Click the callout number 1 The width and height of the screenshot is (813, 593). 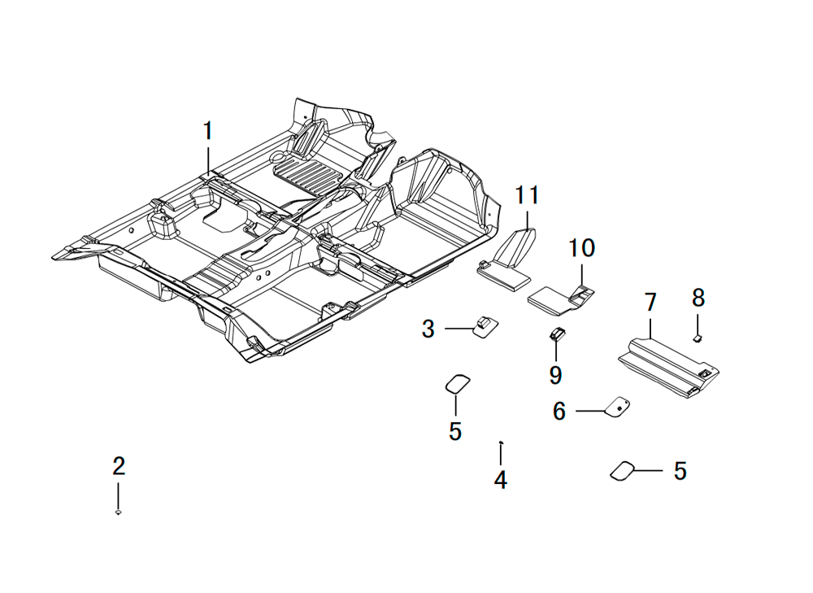208,131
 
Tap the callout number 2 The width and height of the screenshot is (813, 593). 119,466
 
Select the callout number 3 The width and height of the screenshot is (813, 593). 428,329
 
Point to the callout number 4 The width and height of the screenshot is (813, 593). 500,480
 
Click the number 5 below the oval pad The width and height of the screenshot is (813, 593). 455,431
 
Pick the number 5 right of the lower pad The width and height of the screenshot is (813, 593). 680,471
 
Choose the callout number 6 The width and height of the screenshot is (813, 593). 559,412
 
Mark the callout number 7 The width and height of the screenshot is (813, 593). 650,302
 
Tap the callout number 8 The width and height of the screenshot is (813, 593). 698,298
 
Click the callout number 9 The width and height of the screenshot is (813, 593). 555,374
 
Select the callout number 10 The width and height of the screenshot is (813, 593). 582,248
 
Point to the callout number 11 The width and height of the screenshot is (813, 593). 527,195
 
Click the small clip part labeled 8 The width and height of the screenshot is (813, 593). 698,338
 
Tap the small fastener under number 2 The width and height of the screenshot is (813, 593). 118,512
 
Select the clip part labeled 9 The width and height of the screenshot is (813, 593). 558,334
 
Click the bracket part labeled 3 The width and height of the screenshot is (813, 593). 485,326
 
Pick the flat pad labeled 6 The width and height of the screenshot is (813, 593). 618,406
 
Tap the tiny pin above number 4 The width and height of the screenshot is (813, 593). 500,442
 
